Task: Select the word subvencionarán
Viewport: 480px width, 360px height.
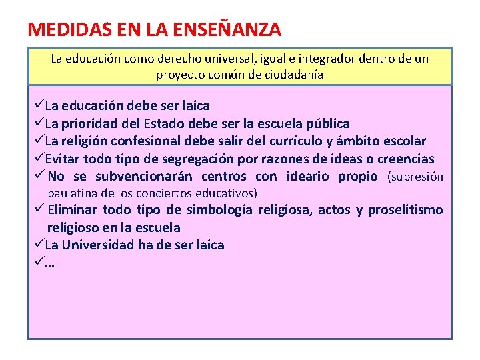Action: pos(143,177)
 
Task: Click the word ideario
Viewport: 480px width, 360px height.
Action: pos(307,177)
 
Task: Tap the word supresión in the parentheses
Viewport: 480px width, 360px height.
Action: pos(417,177)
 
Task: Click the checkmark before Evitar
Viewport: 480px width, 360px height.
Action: pos(38,159)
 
